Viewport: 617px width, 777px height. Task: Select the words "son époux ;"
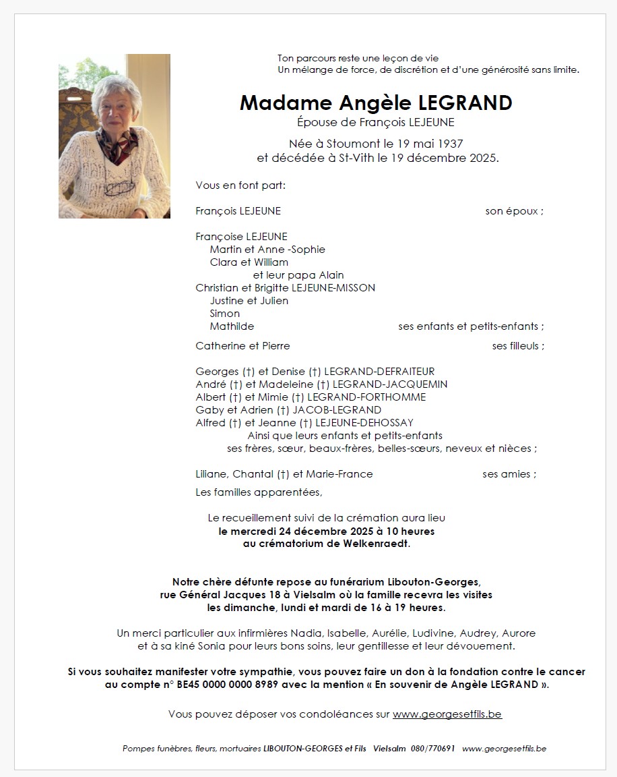514,211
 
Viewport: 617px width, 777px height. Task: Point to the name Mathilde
232,326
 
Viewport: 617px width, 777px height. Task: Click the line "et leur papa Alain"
298,275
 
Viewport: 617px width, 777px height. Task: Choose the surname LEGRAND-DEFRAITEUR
379,372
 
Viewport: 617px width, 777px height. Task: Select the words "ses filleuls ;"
518,346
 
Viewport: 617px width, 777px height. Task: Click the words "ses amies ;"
509,474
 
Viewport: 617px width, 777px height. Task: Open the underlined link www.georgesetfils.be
447,714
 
